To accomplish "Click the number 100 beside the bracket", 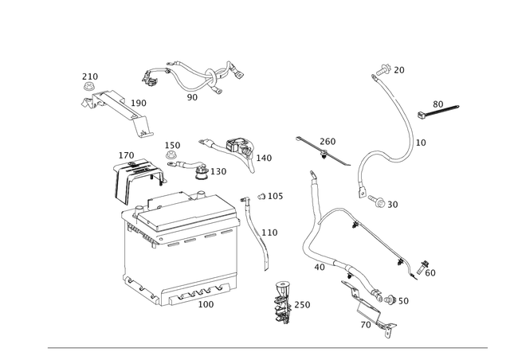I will pos(141,103).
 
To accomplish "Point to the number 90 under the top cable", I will pos(191,98).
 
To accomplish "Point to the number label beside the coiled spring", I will pos(304,304).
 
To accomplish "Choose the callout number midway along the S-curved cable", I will pos(416,143).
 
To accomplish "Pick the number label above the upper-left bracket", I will pos(90,76).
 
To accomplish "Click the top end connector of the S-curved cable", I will pos(382,67).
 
